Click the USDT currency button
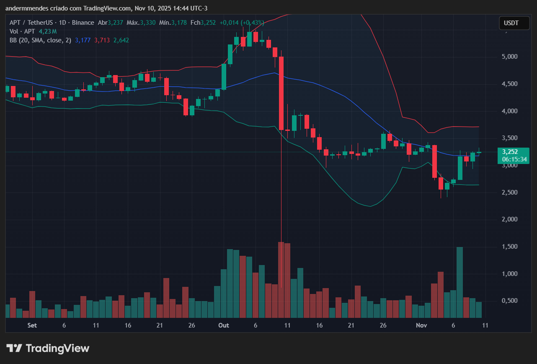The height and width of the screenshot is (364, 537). [x=514, y=23]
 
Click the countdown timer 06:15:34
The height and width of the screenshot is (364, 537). [x=513, y=159]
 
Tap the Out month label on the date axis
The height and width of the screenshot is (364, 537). [x=224, y=325]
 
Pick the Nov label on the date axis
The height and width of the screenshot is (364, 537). [x=420, y=325]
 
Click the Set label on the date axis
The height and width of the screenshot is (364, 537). [x=32, y=325]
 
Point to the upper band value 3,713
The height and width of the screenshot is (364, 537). [x=102, y=40]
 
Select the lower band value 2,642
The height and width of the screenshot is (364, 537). [x=121, y=40]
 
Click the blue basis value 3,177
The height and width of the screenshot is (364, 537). [x=83, y=40]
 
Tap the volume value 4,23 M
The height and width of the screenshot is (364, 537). [x=47, y=31]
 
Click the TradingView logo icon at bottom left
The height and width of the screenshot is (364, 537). [x=14, y=348]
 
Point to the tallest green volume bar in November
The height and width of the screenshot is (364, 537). [x=460, y=282]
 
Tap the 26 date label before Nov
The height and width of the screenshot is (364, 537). [x=383, y=325]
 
